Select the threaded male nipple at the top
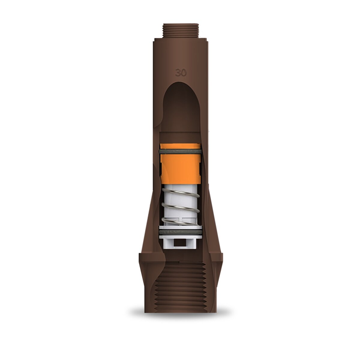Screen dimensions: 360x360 [x=181, y=30]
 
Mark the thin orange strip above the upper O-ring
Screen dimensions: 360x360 [x=180, y=147]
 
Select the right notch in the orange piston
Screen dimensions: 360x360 [x=199, y=171]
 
